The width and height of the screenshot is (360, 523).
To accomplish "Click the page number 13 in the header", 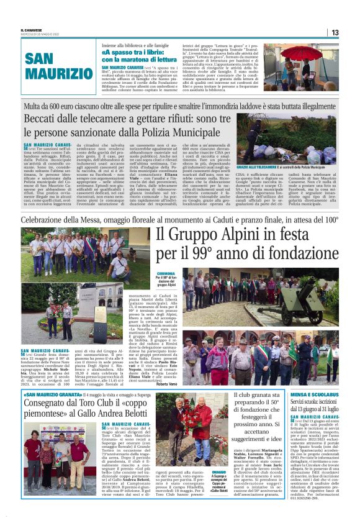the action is pyautogui.click(x=335, y=32).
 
